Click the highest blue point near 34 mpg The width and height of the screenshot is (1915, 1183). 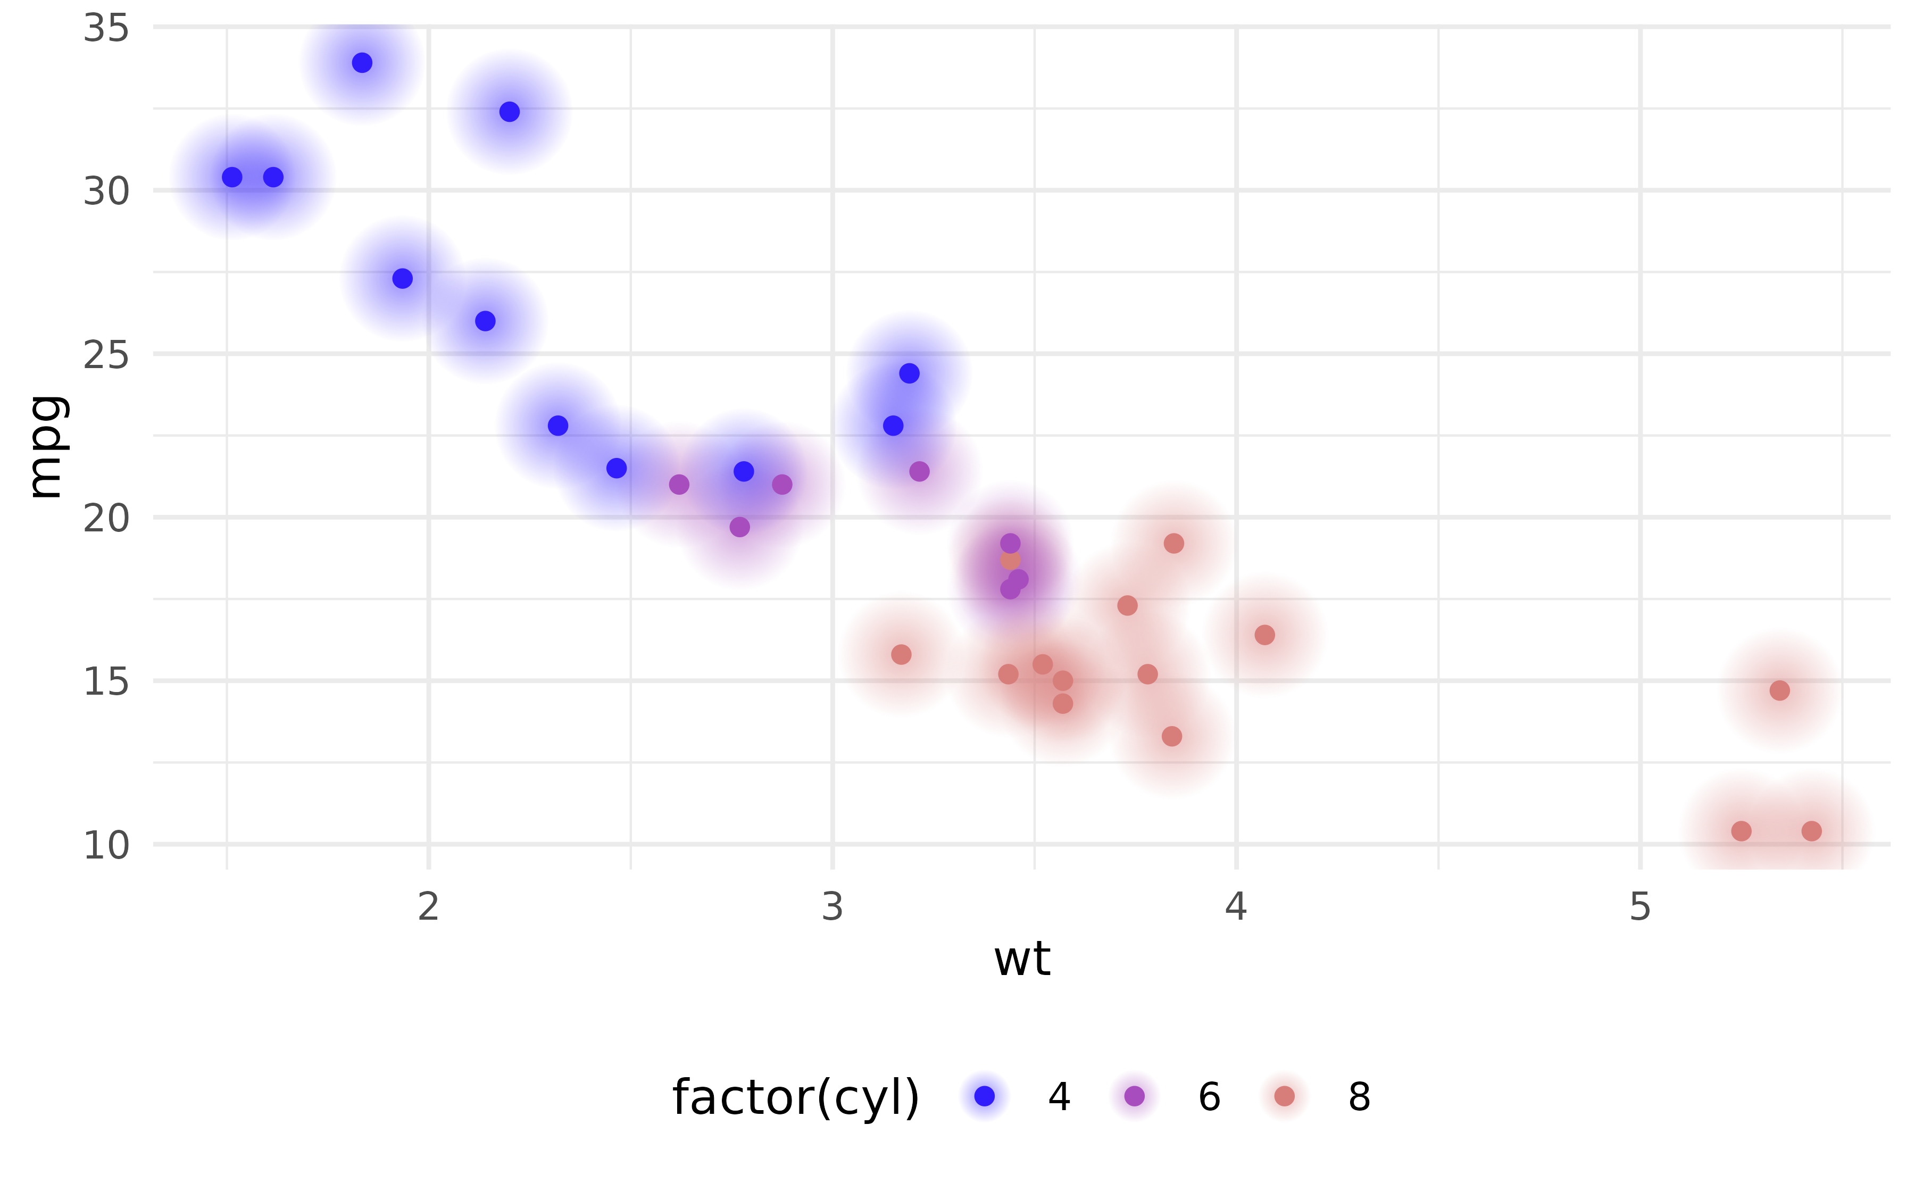click(x=361, y=63)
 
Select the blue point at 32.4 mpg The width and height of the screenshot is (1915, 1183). click(x=509, y=112)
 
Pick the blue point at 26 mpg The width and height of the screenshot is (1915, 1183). click(x=485, y=321)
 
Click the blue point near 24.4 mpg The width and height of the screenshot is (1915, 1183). click(x=909, y=373)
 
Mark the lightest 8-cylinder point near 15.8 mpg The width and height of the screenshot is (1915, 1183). click(x=901, y=654)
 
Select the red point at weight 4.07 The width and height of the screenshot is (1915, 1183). click(x=1264, y=635)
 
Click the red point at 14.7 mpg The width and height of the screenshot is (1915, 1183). click(x=1780, y=690)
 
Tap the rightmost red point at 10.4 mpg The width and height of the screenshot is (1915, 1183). click(x=1812, y=831)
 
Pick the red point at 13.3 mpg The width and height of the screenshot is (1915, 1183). click(x=1171, y=736)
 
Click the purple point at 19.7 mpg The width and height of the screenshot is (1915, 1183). click(x=739, y=527)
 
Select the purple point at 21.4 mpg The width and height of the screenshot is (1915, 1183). click(x=919, y=471)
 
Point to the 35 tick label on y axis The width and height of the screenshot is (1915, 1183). click(x=106, y=29)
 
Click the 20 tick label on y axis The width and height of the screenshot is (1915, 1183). click(x=106, y=518)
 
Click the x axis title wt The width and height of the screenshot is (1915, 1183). click(x=1022, y=959)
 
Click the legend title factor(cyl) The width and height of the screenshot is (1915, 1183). click(x=796, y=1097)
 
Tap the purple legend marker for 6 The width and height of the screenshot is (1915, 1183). click(x=1134, y=1096)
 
